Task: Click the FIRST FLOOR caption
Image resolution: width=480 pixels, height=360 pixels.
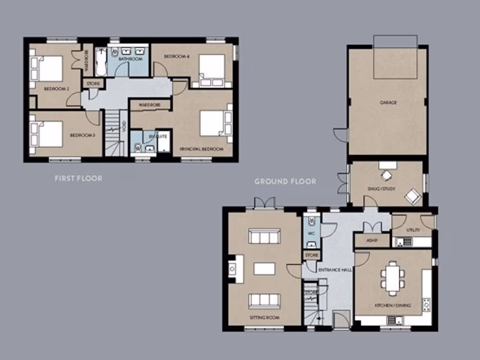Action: coord(78,178)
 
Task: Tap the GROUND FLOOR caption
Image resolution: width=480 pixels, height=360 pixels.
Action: coord(285,181)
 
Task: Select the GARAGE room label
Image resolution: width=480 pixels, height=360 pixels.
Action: coord(388,102)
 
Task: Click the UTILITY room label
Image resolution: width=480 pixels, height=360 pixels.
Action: coord(413,230)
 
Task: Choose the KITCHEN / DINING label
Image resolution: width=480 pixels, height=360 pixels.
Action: coord(392,305)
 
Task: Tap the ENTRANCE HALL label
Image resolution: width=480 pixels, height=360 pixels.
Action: coord(335,270)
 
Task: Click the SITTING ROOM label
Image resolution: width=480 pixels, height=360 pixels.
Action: coord(264,317)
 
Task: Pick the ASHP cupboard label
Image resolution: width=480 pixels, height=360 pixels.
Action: coord(372,241)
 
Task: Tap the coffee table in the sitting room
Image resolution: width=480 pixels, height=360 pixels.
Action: coord(264,269)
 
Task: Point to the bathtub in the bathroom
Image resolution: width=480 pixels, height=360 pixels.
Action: coord(101,61)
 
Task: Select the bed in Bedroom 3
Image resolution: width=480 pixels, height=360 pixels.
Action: coord(47,134)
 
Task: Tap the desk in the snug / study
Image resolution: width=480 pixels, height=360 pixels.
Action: coord(388,165)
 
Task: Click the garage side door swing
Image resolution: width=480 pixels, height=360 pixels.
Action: coord(341,135)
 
